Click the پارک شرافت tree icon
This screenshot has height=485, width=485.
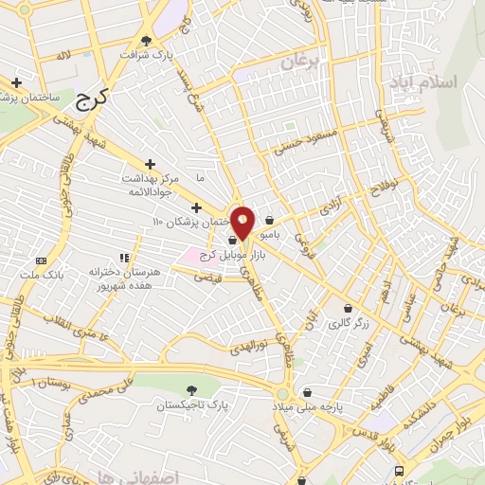147,40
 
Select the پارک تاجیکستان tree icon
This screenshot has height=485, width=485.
191,390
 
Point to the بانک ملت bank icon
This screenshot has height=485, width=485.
40,260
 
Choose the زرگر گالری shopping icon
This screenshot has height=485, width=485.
348,308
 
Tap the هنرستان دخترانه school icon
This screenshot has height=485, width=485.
123,257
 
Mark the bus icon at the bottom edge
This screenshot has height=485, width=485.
399,472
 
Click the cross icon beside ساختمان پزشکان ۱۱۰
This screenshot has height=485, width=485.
196,207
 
